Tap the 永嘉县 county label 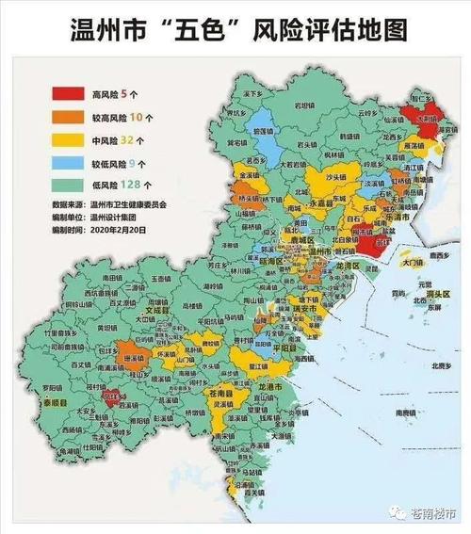point(324,201)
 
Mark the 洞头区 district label point(440,294)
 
